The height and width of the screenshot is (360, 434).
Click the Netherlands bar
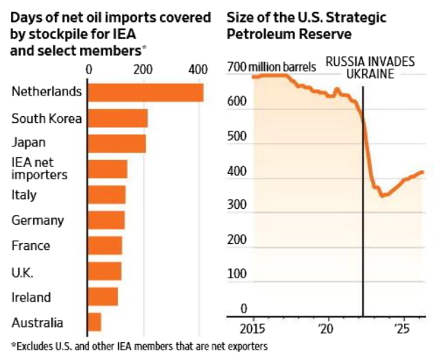[x=145, y=93]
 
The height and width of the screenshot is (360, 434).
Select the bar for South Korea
[x=117, y=118]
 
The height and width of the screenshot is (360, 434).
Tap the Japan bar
[x=117, y=144]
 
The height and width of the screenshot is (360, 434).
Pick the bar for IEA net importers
[x=107, y=169]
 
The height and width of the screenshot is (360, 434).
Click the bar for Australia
[x=94, y=322]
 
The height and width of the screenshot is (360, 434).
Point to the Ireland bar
[x=102, y=297]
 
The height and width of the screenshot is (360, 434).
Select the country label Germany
[x=37, y=220]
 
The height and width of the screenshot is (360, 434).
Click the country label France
[x=31, y=245]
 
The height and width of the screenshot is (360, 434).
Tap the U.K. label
[x=22, y=272]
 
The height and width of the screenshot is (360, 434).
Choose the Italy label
[x=24, y=195]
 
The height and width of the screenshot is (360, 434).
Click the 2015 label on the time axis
[x=253, y=328]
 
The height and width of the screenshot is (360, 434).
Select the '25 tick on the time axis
[x=401, y=328]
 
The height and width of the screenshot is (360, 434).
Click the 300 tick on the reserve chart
[x=236, y=206]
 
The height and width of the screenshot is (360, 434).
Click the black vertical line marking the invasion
[x=363, y=241]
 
